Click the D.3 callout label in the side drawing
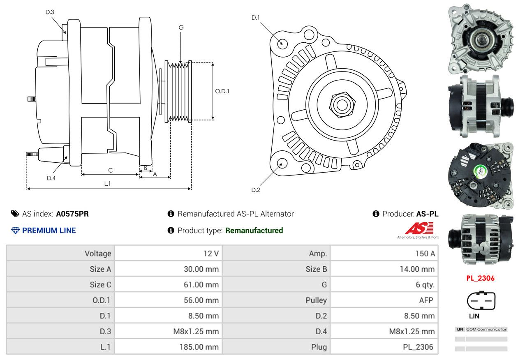point(50,12)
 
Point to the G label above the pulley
point(181,28)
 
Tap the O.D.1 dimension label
point(222,91)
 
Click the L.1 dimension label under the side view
point(107,184)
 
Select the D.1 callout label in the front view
point(256,18)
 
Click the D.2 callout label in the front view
point(256,190)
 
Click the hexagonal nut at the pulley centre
point(342,105)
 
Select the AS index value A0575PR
point(72,214)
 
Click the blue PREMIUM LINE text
point(49,231)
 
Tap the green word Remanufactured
point(254,231)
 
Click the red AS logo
point(419,228)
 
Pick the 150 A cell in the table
point(425,254)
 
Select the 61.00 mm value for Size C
point(201,285)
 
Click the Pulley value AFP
point(426,300)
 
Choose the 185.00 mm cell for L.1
point(199,347)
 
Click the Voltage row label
point(98,254)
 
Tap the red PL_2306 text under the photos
point(480,278)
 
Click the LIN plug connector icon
point(481,300)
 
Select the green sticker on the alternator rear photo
point(481,172)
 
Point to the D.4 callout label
point(51,178)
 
